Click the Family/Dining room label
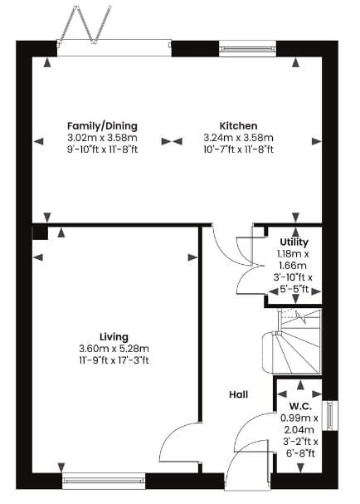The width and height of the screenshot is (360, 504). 102,125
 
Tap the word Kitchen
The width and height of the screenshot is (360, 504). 238,125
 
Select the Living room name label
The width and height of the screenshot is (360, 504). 114,337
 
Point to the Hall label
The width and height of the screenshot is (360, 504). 239,394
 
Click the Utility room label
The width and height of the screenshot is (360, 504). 294,242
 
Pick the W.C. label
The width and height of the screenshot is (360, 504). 300,406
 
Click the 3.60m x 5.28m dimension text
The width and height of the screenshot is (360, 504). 114,349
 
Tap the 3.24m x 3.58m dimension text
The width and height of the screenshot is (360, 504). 238,138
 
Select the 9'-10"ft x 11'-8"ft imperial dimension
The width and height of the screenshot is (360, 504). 103,149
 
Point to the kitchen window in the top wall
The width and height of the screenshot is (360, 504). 247,49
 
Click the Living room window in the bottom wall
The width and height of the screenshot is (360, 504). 104,481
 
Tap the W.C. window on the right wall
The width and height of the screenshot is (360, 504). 330,416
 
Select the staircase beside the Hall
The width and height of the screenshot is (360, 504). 292,341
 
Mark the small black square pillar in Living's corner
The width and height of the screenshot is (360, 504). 40,232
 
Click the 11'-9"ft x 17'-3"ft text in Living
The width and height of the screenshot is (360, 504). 114,360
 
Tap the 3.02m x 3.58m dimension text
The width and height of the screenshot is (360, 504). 102,138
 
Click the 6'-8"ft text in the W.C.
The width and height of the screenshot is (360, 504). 300,453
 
